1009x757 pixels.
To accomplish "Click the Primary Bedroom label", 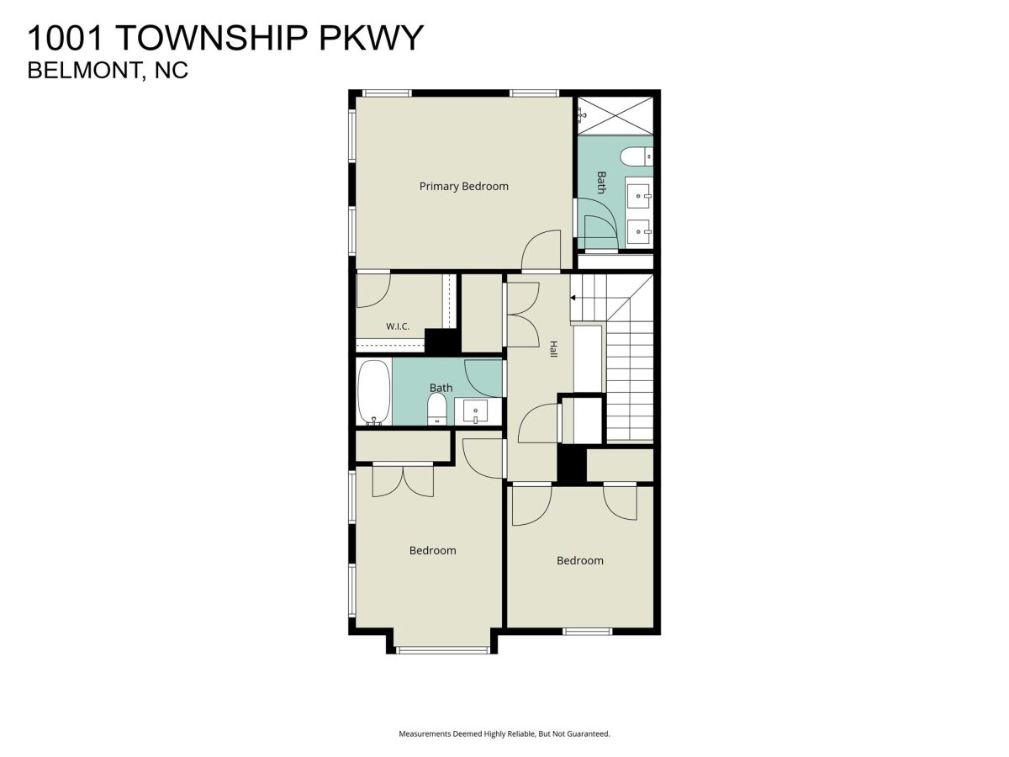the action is (463, 186).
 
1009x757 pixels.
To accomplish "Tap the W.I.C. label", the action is (397, 326).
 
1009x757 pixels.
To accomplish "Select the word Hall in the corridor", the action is (553, 349).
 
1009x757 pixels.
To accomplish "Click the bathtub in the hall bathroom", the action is (373, 392).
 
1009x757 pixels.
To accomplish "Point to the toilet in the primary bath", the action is (637, 156).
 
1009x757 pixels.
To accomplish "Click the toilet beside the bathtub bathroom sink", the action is (436, 410).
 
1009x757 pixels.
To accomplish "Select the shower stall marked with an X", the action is (615, 116).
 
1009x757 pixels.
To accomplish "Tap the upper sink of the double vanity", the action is (638, 195).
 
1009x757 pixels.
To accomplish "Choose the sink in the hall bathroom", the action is (475, 411).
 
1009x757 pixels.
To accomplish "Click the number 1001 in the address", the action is (66, 38).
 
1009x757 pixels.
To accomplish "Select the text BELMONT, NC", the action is (108, 71).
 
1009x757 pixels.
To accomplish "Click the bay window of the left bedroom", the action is (442, 650).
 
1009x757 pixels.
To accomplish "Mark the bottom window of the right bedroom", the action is (587, 632).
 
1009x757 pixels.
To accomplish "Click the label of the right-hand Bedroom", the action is (579, 560).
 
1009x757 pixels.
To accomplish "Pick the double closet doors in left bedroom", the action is (403, 481).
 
